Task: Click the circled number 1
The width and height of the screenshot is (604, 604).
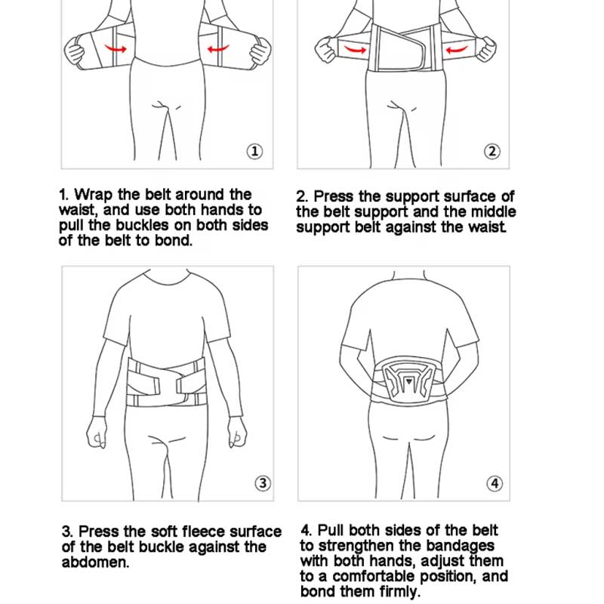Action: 255,152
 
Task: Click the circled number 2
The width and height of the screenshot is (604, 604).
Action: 492,152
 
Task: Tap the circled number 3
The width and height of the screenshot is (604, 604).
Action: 262,483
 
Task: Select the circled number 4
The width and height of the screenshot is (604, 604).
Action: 494,483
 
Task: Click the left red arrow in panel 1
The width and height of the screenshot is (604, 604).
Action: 116,49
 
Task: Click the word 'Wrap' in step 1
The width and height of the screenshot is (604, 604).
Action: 94,196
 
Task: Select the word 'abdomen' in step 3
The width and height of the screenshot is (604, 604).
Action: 95,562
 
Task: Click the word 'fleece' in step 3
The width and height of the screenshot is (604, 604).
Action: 199,532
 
